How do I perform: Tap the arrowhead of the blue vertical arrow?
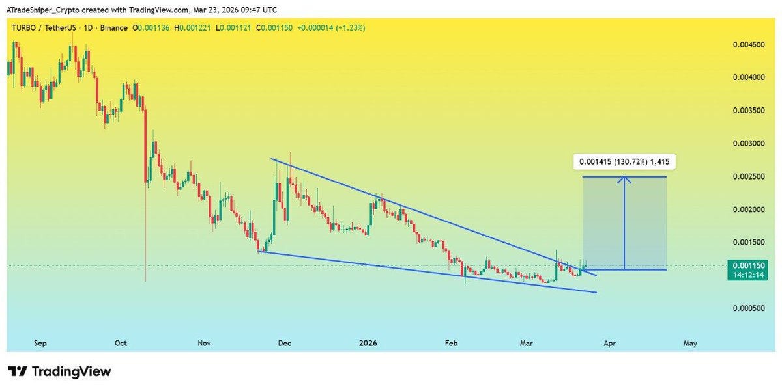[625, 180]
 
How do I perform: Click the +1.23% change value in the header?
[352, 28]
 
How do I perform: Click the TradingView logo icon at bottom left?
[18, 372]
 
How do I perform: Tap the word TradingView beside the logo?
[72, 372]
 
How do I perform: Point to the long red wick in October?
[145, 247]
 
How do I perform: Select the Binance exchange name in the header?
[113, 28]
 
